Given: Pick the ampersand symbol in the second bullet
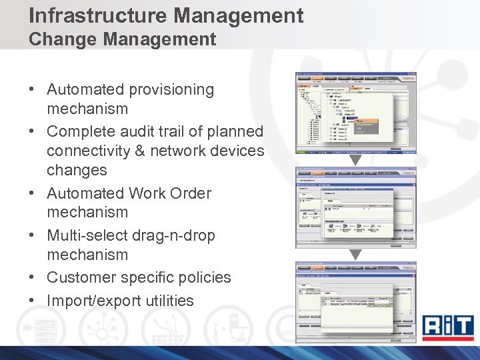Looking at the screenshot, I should coord(140,151).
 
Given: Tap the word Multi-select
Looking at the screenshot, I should coord(85,235).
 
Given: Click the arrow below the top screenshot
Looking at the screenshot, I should coord(355,160).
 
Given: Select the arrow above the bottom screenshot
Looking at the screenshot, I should coord(355,254).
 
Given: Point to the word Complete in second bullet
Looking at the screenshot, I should coord(79,131).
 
